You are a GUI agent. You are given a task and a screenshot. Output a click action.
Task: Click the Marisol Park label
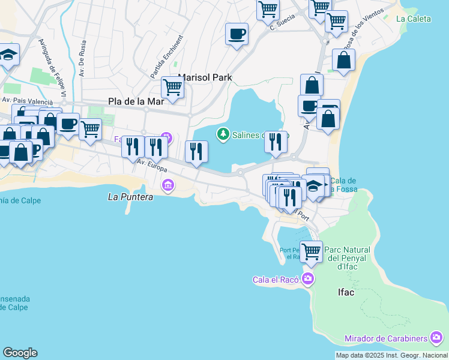point(205,78)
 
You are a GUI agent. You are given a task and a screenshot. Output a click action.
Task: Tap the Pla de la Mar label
point(136,101)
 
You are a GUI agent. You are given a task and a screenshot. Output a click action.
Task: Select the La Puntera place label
point(130,196)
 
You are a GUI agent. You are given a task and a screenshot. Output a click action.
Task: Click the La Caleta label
point(414,19)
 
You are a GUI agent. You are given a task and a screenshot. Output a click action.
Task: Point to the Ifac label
point(342,293)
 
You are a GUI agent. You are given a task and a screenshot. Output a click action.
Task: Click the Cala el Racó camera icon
point(308,278)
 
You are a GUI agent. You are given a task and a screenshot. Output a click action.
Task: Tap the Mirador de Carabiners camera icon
point(438,338)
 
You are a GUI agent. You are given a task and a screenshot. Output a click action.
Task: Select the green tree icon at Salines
point(223,134)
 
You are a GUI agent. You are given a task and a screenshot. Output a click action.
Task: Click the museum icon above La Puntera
point(169,185)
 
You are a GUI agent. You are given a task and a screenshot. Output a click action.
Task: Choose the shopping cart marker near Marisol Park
point(173,87)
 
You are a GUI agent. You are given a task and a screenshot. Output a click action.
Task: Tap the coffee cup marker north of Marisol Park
point(237,33)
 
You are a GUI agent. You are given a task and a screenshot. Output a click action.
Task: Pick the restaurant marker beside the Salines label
point(276,142)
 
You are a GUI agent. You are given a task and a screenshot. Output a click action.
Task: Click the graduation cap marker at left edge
point(8,55)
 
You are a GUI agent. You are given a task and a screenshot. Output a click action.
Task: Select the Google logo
point(20,353)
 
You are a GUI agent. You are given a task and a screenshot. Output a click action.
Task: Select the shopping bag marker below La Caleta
point(343,60)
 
